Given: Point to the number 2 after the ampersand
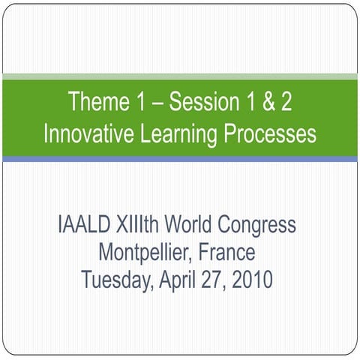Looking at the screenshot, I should (286, 102).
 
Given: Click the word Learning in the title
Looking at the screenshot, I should (179, 136).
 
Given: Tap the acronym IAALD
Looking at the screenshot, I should (83, 225).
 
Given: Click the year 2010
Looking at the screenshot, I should (252, 280).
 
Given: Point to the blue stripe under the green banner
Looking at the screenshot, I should (180, 159).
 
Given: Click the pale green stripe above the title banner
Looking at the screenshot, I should (180, 76).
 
